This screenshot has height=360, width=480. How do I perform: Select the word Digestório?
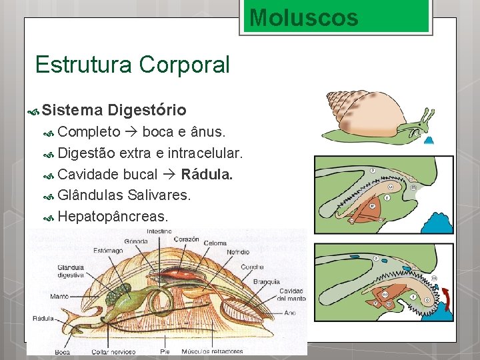[x=147, y=110]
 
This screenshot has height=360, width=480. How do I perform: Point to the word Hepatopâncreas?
[x=113, y=217]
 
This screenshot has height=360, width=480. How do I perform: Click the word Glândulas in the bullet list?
[x=89, y=196]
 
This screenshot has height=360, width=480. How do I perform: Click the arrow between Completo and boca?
[x=131, y=132]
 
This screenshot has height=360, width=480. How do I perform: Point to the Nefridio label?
[x=238, y=252]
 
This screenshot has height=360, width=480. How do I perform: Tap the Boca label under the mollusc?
[x=63, y=351]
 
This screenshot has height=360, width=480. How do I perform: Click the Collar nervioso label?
[x=109, y=351]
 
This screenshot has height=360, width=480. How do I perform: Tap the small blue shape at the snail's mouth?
[x=429, y=139]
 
